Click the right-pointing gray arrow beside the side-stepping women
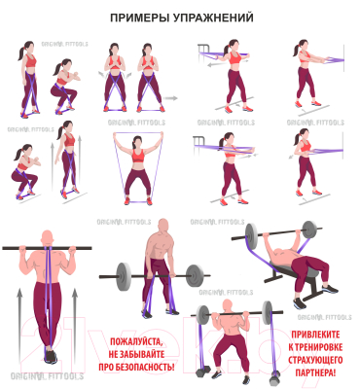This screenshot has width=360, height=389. pyautogui.click(x=171, y=97)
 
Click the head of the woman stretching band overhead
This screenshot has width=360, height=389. pyautogui.click(x=138, y=138)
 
